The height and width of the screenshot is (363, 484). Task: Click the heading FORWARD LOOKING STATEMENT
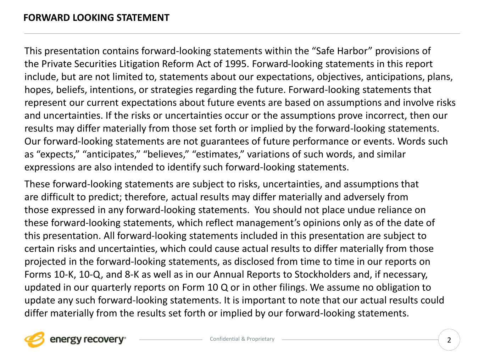(x=96, y=18)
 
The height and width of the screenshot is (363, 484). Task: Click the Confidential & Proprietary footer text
(x=242, y=339)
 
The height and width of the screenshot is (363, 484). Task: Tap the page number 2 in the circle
(x=449, y=340)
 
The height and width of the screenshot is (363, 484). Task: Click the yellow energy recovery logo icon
(x=34, y=340)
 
